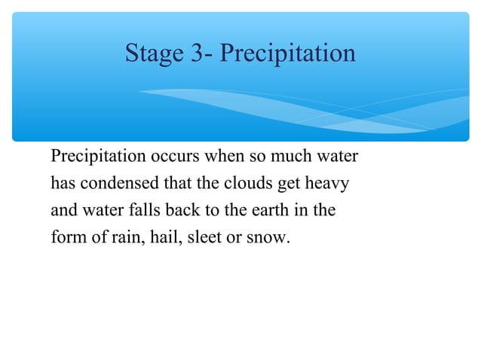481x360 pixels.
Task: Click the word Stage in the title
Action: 154,53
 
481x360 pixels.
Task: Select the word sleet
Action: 204,237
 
